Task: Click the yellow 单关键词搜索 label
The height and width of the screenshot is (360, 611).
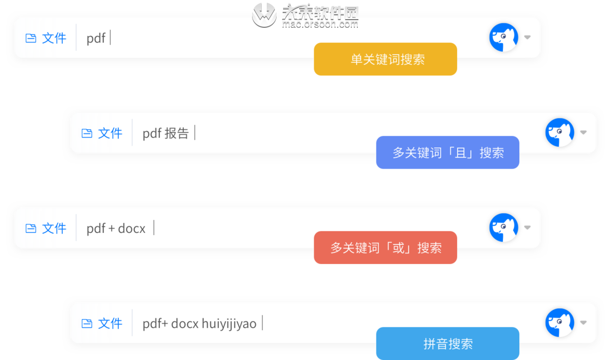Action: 385,59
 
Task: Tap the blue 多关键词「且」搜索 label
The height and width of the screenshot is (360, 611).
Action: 447,153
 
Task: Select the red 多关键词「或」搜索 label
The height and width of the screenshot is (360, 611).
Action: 385,248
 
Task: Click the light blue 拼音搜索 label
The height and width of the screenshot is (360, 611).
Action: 447,344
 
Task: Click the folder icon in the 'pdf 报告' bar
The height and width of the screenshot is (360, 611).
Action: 87,133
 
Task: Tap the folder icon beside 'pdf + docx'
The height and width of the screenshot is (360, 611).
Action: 31,228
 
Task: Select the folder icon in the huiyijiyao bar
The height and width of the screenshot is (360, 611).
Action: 87,323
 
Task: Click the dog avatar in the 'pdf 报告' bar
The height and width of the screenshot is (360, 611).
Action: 560,133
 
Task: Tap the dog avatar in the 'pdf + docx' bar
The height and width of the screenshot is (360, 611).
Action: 504,227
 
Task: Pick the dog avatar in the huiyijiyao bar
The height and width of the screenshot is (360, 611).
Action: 560,323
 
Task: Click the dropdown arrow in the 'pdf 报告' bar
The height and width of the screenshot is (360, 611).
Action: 583,133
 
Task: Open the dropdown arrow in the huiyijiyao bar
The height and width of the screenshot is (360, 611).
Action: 583,323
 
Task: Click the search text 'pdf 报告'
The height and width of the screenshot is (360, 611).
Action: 165,133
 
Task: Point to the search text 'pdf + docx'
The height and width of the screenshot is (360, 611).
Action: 116,228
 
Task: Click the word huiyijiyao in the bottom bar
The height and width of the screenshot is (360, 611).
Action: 229,323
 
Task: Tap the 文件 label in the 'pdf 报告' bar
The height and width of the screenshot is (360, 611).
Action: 110,133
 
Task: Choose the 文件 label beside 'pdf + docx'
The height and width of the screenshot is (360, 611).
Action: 54,228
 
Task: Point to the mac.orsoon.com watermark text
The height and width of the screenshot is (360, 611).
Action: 320,25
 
